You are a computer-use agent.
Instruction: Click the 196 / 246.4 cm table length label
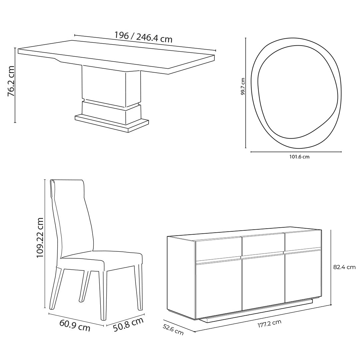[x=143, y=37]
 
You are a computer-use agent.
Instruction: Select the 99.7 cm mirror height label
[x=243, y=87]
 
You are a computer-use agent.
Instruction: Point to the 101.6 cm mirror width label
[x=299, y=157]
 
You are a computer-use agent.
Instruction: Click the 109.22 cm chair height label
[x=40, y=238]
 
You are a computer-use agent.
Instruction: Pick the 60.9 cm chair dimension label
[x=75, y=325]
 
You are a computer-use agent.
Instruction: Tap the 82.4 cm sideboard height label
[x=344, y=267]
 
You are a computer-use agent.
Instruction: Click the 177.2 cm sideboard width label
[x=269, y=324]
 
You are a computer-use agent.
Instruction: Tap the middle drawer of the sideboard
[x=263, y=245]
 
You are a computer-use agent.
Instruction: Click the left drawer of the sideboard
[x=218, y=249]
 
